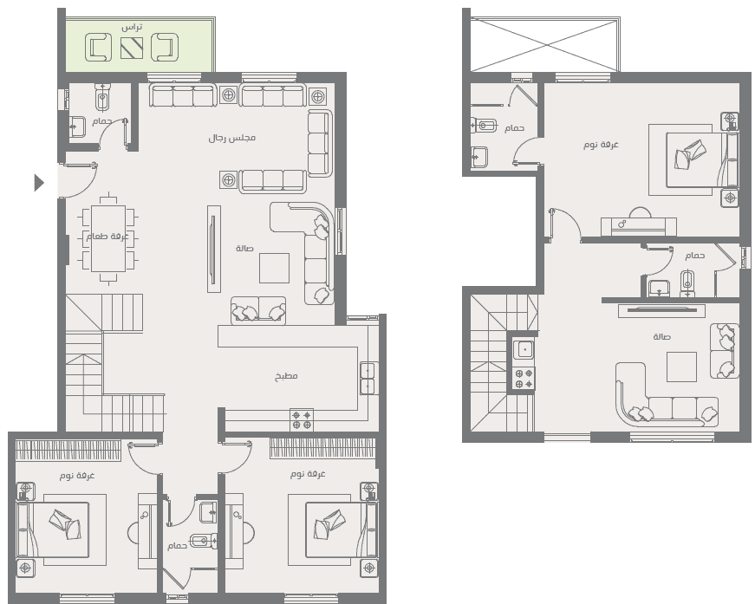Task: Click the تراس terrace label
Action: [132, 27]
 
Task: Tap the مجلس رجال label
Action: [232, 138]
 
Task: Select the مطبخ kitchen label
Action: [286, 376]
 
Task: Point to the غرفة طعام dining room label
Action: [107, 237]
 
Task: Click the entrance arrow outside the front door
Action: [39, 183]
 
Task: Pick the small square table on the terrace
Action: [132, 47]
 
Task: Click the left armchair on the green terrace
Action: [98, 48]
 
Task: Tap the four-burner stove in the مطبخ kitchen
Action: [302, 419]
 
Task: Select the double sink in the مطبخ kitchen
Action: [368, 378]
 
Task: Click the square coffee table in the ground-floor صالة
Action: [275, 268]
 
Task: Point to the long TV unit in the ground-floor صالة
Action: [214, 249]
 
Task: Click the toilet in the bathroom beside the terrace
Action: [102, 98]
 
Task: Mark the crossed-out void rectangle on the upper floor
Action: [545, 45]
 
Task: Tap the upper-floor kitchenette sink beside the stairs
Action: [524, 349]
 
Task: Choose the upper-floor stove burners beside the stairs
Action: [524, 379]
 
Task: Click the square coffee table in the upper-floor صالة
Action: [681, 367]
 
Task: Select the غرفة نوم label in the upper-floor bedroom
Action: [601, 145]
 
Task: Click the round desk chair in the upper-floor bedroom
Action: [640, 212]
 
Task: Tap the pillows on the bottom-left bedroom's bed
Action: [65, 524]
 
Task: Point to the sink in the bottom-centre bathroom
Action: [208, 511]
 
